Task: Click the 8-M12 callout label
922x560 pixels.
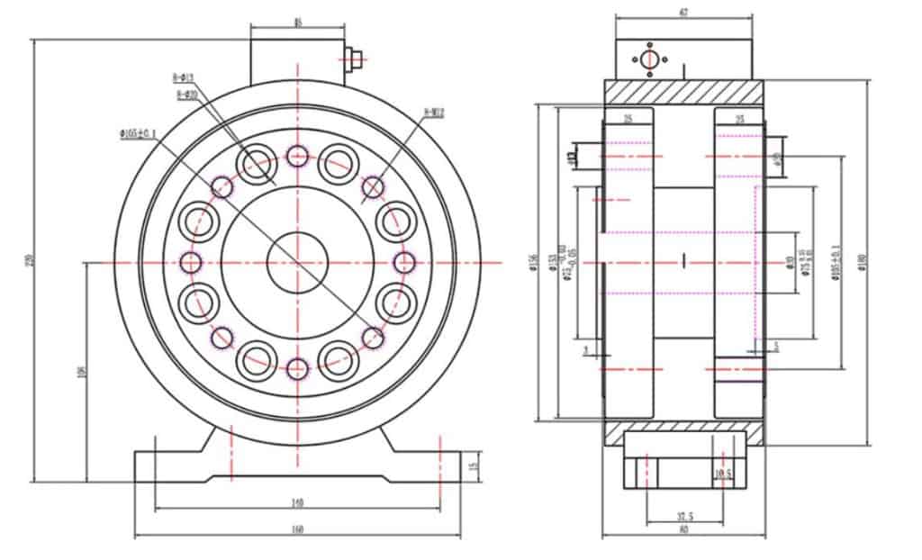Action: (x=434, y=113)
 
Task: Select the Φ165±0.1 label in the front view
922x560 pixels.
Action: (x=137, y=134)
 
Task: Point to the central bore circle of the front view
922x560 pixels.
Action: (x=297, y=262)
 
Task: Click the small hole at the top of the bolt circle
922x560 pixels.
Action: (x=297, y=156)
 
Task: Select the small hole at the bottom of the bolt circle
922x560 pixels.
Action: (x=297, y=367)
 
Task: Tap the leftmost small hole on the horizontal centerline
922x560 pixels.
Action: (x=191, y=262)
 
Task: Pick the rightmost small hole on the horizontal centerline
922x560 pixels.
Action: (x=404, y=262)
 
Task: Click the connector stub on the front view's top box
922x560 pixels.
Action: (x=353, y=59)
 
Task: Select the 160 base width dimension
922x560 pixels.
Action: (x=297, y=530)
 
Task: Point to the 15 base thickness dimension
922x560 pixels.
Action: (x=474, y=465)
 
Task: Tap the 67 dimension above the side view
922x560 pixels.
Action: (x=683, y=12)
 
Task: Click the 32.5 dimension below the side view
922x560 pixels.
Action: (x=683, y=517)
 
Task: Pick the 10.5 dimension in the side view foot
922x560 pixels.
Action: (x=723, y=474)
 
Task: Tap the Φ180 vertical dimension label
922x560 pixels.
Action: (x=863, y=262)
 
